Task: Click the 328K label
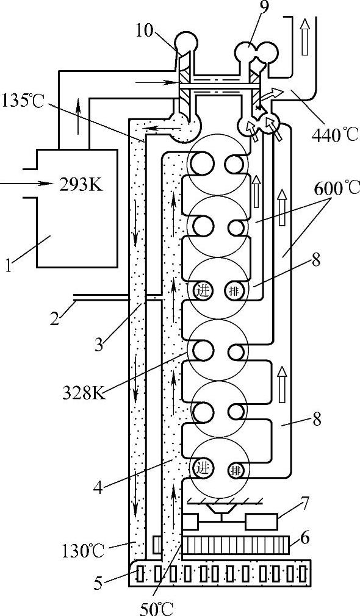click(x=84, y=393)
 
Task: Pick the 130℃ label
click(x=82, y=551)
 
